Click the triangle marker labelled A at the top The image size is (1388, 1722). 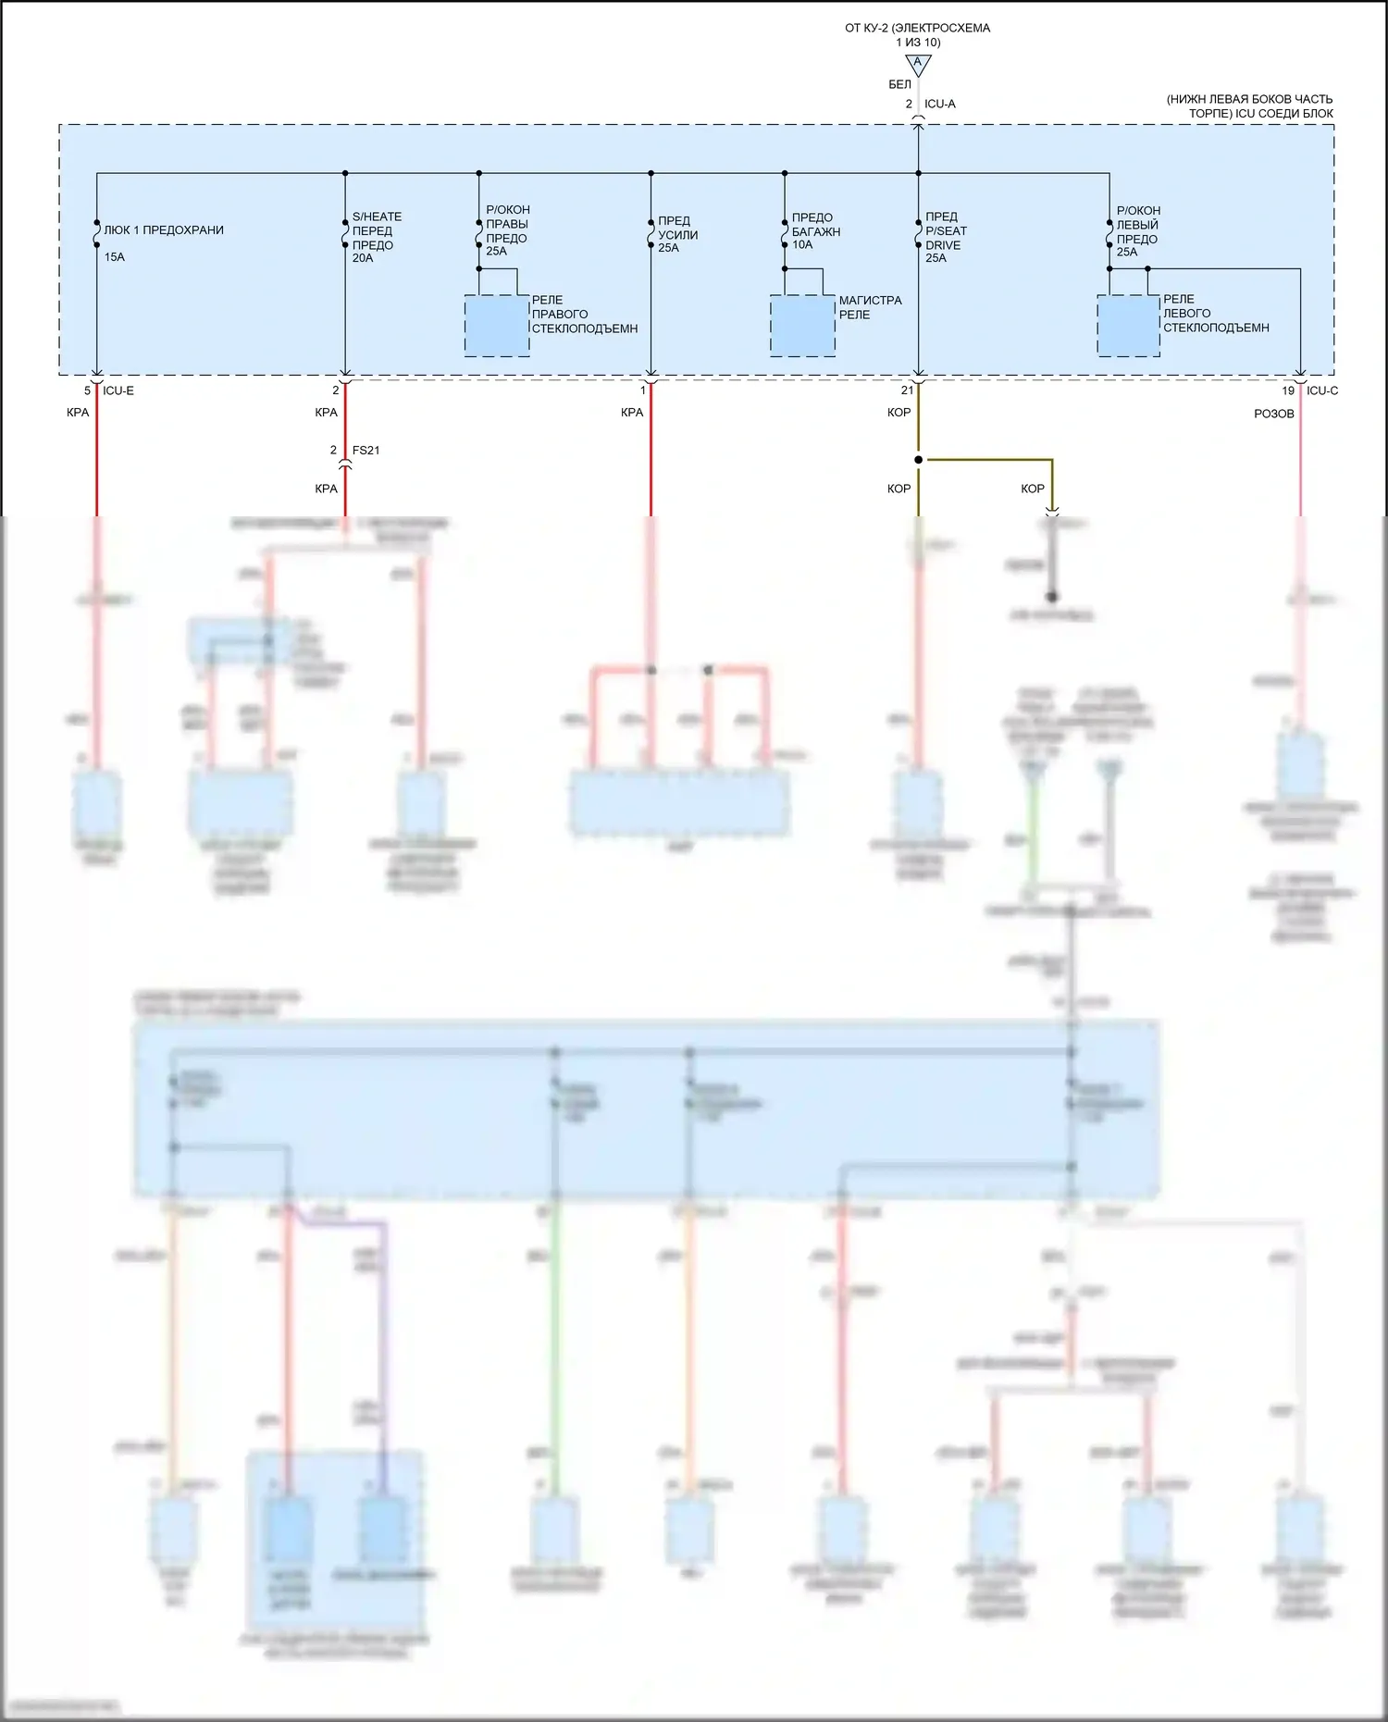(918, 64)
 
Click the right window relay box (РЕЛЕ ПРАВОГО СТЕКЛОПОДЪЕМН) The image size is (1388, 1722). (497, 326)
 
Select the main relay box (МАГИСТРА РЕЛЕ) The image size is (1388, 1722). (802, 326)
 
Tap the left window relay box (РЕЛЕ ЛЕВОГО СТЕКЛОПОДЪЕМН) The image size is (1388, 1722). (1128, 326)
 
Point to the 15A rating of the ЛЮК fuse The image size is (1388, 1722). (115, 257)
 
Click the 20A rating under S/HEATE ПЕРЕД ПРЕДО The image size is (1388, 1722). (363, 258)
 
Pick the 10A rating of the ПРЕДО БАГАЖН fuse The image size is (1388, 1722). (802, 245)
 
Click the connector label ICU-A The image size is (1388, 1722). (940, 104)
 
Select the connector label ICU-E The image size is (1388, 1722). (118, 390)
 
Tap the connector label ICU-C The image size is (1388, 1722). (1322, 390)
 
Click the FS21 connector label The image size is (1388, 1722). (366, 451)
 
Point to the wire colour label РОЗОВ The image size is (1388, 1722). (1273, 414)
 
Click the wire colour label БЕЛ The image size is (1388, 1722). (899, 84)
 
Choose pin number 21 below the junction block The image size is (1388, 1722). (907, 390)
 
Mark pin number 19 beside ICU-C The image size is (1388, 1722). (1288, 390)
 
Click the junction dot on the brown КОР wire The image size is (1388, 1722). (918, 460)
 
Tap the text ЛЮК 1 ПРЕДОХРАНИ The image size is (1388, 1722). (164, 230)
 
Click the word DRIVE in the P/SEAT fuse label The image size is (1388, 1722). (943, 245)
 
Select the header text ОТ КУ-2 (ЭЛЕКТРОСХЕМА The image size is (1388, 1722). (917, 28)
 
